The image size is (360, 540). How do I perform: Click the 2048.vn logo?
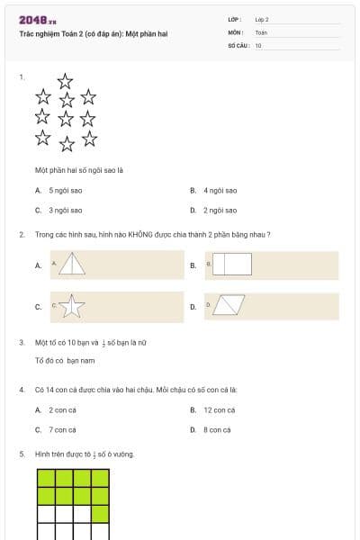38,19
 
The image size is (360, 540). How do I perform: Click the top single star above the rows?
65,81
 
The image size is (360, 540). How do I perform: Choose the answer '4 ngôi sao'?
220,191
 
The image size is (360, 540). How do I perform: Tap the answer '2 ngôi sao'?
220,210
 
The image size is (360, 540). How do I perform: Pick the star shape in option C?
72,307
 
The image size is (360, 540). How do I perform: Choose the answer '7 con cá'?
63,429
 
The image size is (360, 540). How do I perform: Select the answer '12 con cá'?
220,409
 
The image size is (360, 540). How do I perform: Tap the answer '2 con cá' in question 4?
63,409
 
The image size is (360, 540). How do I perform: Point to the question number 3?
21,343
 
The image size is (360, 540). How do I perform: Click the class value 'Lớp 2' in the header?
262,19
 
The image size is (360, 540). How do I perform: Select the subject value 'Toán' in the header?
261,31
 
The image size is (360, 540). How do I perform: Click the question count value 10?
258,44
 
